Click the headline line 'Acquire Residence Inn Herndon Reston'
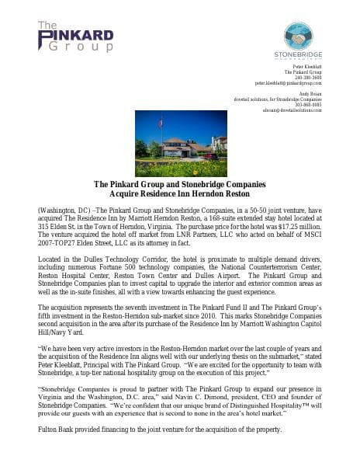(179, 194)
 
